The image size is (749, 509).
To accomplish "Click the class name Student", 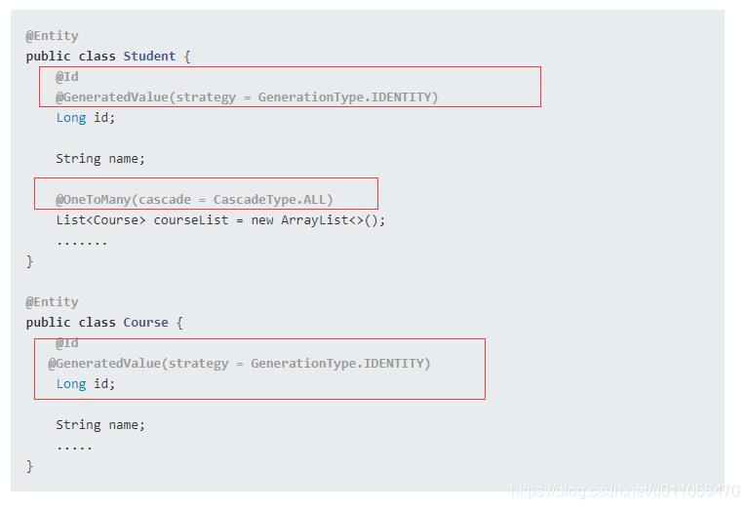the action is pyautogui.click(x=149, y=57).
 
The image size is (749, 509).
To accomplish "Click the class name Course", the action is pyautogui.click(x=145, y=323).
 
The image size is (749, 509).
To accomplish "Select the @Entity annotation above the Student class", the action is pyautogui.click(x=52, y=36).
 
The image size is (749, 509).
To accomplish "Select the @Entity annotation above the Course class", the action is pyautogui.click(x=52, y=302).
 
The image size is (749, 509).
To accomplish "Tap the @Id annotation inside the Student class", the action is pyautogui.click(x=67, y=77).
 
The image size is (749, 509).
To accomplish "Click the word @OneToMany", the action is pyautogui.click(x=93, y=200).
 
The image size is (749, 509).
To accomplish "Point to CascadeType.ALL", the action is pyautogui.click(x=269, y=200).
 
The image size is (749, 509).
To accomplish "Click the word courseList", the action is pyautogui.click(x=191, y=220).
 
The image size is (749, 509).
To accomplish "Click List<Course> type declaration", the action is pyautogui.click(x=100, y=220).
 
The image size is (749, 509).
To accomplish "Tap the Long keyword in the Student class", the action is pyautogui.click(x=71, y=117).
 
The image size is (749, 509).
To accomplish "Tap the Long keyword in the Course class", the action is pyautogui.click(x=71, y=384).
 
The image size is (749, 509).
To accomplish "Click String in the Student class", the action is pyautogui.click(x=78, y=159).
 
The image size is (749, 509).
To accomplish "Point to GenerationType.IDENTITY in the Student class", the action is pyautogui.click(x=344, y=98).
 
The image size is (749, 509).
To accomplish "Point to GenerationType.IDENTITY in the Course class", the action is pyautogui.click(x=337, y=364).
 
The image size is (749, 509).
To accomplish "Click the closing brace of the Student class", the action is pyautogui.click(x=29, y=261).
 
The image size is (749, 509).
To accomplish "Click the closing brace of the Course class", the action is pyautogui.click(x=29, y=466).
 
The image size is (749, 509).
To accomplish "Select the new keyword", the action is pyautogui.click(x=262, y=220).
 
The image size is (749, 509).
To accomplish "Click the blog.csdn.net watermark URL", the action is pyautogui.click(x=625, y=490).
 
